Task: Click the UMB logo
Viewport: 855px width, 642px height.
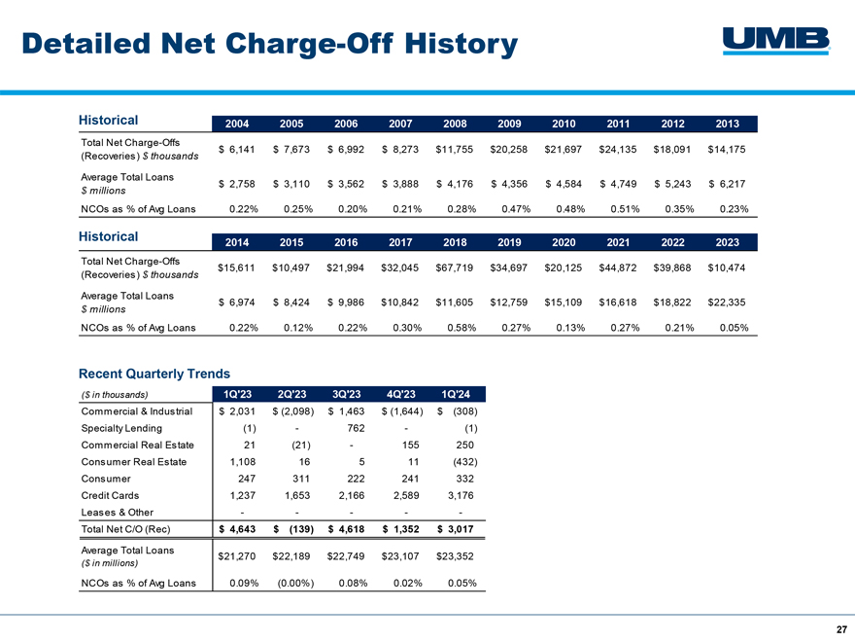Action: (776, 41)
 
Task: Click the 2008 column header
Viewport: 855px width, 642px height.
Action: (455, 124)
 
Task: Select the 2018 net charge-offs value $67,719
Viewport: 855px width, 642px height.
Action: (455, 268)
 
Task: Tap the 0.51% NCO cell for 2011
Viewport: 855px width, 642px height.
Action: (625, 209)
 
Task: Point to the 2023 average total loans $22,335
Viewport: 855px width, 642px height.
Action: (727, 303)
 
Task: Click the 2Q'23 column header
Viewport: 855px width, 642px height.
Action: (291, 394)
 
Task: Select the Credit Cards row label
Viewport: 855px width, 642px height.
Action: (110, 496)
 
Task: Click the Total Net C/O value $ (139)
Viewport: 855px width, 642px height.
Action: (293, 529)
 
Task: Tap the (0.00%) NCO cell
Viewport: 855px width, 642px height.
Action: (295, 583)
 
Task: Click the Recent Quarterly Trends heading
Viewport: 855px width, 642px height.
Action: (154, 374)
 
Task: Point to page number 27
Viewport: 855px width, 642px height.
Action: (842, 629)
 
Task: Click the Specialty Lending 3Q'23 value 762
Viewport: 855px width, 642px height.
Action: (356, 429)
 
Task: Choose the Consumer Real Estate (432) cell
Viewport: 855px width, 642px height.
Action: (465, 462)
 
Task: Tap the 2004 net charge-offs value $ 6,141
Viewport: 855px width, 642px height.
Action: (237, 150)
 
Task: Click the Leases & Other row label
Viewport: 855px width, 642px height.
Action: (118, 513)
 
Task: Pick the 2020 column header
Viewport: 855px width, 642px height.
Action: (564, 242)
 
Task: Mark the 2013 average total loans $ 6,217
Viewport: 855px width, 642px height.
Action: (727, 184)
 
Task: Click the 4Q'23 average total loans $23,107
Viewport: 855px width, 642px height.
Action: (400, 556)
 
